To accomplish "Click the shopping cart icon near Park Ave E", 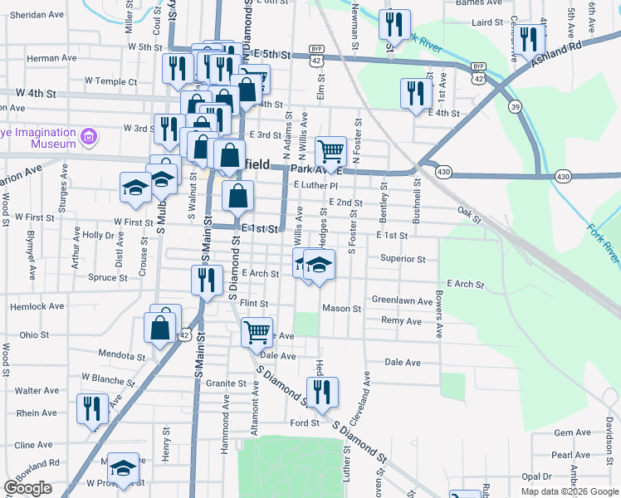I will coord(330,151).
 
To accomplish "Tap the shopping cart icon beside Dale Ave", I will coord(257,332).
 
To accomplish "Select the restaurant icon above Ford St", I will coord(322,392).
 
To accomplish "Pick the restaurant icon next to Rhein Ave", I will coord(91,408).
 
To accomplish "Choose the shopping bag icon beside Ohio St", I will coord(159,328).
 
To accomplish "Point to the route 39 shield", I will coord(515,106).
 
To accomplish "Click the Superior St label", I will coord(403,259).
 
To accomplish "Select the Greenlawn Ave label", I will coord(402,300).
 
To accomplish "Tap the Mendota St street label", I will coord(121,356).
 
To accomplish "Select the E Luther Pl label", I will coord(311,185).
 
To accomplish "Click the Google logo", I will coord(28,488).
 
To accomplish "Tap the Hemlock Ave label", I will coord(36,306).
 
